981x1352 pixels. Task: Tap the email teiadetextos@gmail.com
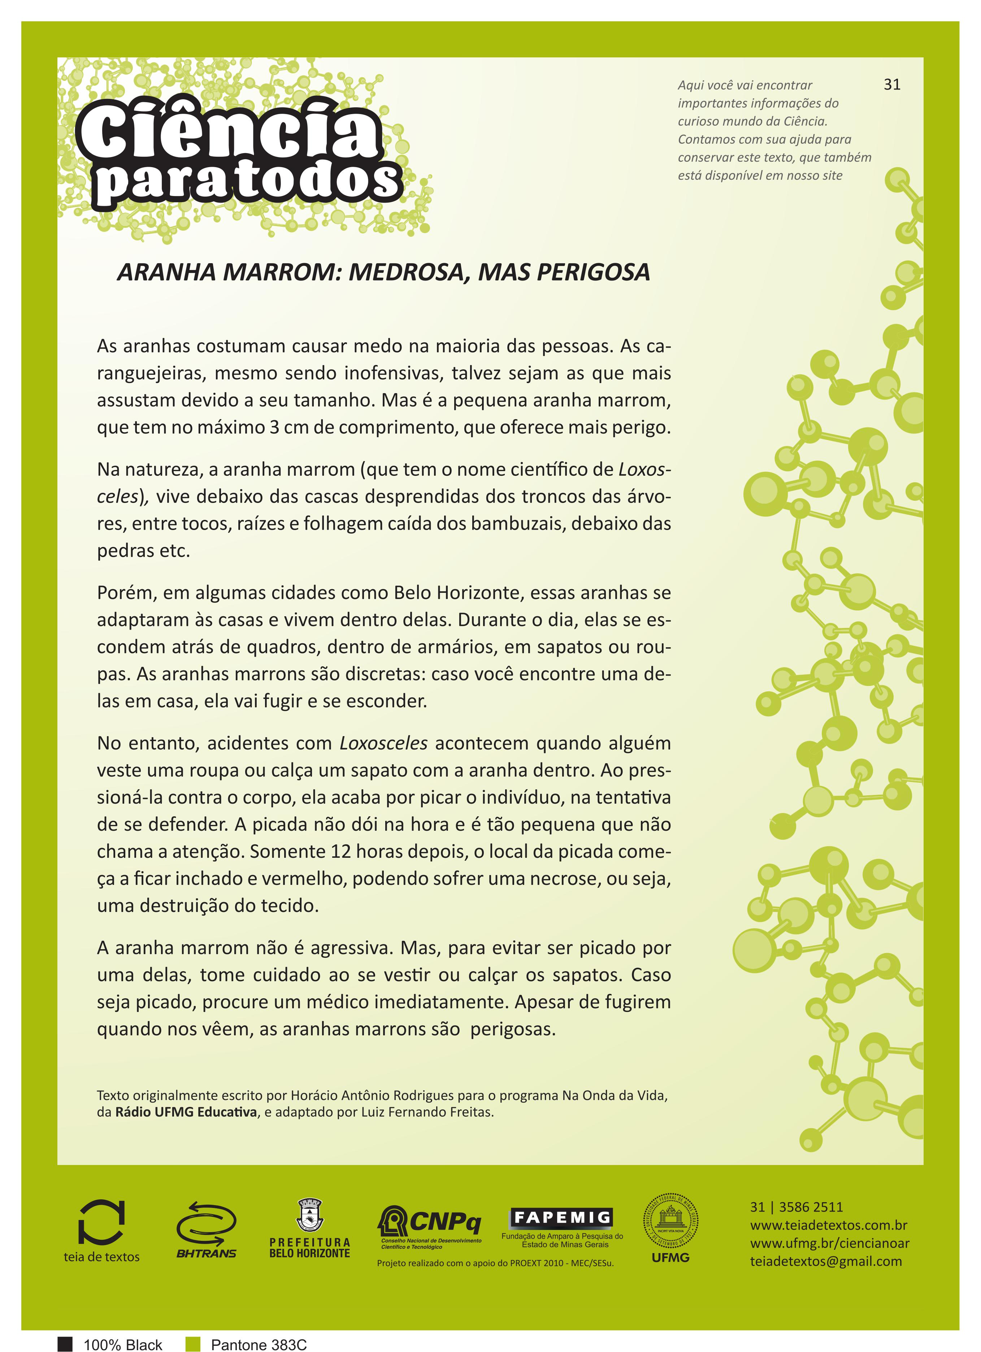coord(826,1261)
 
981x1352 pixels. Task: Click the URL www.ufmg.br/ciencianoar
coord(829,1243)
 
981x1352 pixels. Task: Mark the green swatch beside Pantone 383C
coord(192,1344)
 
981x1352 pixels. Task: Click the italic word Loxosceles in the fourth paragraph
coord(383,743)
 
